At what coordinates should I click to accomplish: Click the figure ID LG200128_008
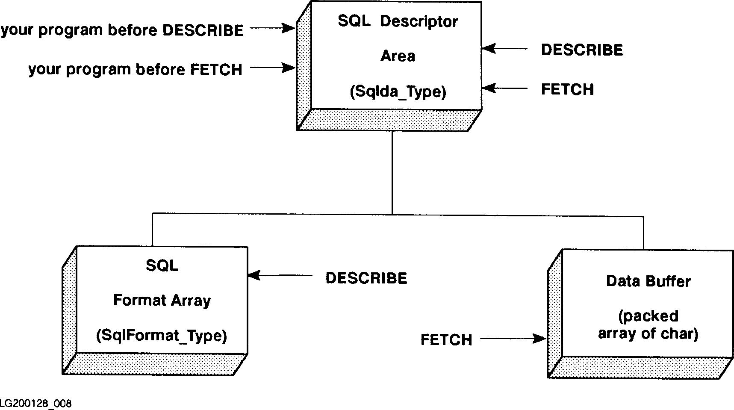[36, 403]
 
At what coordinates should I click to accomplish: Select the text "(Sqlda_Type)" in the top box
[398, 92]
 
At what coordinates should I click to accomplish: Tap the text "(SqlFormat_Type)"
[162, 336]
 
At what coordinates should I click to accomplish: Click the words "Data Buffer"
[648, 281]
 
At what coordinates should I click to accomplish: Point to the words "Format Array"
[162, 301]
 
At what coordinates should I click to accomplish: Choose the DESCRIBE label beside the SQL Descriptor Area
[582, 50]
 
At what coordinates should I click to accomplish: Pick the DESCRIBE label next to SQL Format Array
[366, 278]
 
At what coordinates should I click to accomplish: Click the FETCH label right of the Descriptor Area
[567, 89]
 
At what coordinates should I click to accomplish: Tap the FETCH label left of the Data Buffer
[446, 340]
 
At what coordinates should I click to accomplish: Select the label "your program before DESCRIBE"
[122, 30]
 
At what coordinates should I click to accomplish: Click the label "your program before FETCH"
[135, 69]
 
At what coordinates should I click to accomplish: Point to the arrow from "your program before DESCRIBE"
[272, 29]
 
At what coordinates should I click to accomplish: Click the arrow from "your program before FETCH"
[272, 68]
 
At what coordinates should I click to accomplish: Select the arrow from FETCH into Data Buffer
[513, 339]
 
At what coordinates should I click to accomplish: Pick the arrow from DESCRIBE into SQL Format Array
[280, 276]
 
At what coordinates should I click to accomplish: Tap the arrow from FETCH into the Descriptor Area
[505, 88]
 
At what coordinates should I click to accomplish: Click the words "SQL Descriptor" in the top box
[398, 21]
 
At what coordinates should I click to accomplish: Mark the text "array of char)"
[648, 334]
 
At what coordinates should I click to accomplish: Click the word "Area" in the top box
[398, 56]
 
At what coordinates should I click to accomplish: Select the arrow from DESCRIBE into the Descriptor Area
[505, 49]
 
